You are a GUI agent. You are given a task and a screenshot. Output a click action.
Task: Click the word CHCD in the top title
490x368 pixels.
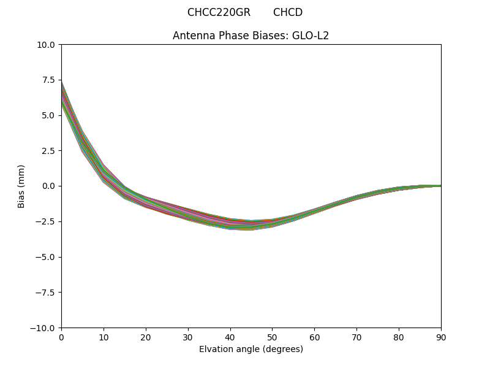pos(288,12)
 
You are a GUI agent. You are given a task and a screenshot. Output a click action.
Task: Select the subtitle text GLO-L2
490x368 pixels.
pos(313,36)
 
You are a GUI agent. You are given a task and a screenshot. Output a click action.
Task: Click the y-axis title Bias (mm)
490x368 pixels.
pos(21,186)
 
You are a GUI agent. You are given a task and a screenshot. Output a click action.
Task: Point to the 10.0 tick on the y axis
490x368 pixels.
pos(48,45)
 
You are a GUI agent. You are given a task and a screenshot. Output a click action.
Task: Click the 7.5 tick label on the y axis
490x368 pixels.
pos(50,80)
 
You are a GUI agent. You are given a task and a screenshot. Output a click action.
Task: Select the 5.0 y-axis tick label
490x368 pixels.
pos(50,115)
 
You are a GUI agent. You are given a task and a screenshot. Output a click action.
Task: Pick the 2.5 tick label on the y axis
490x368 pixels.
pos(50,151)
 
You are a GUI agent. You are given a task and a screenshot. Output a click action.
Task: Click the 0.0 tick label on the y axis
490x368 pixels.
pos(50,186)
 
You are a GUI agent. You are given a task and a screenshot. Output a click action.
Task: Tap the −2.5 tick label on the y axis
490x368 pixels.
pos(47,221)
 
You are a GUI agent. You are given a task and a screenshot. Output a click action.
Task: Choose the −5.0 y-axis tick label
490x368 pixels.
pos(47,257)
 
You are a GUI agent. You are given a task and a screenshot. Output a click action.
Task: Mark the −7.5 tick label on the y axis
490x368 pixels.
pos(47,293)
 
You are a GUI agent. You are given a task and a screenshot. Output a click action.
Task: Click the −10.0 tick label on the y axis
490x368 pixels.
pos(45,328)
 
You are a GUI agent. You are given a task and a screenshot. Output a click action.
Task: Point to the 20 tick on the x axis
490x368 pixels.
pos(146,337)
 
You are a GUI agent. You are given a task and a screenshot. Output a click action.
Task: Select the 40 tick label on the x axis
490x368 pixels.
pos(230,337)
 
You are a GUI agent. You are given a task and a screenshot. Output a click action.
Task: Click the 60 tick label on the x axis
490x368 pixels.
pos(314,337)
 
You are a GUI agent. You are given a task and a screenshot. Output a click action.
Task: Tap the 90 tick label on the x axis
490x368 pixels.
pos(441,337)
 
